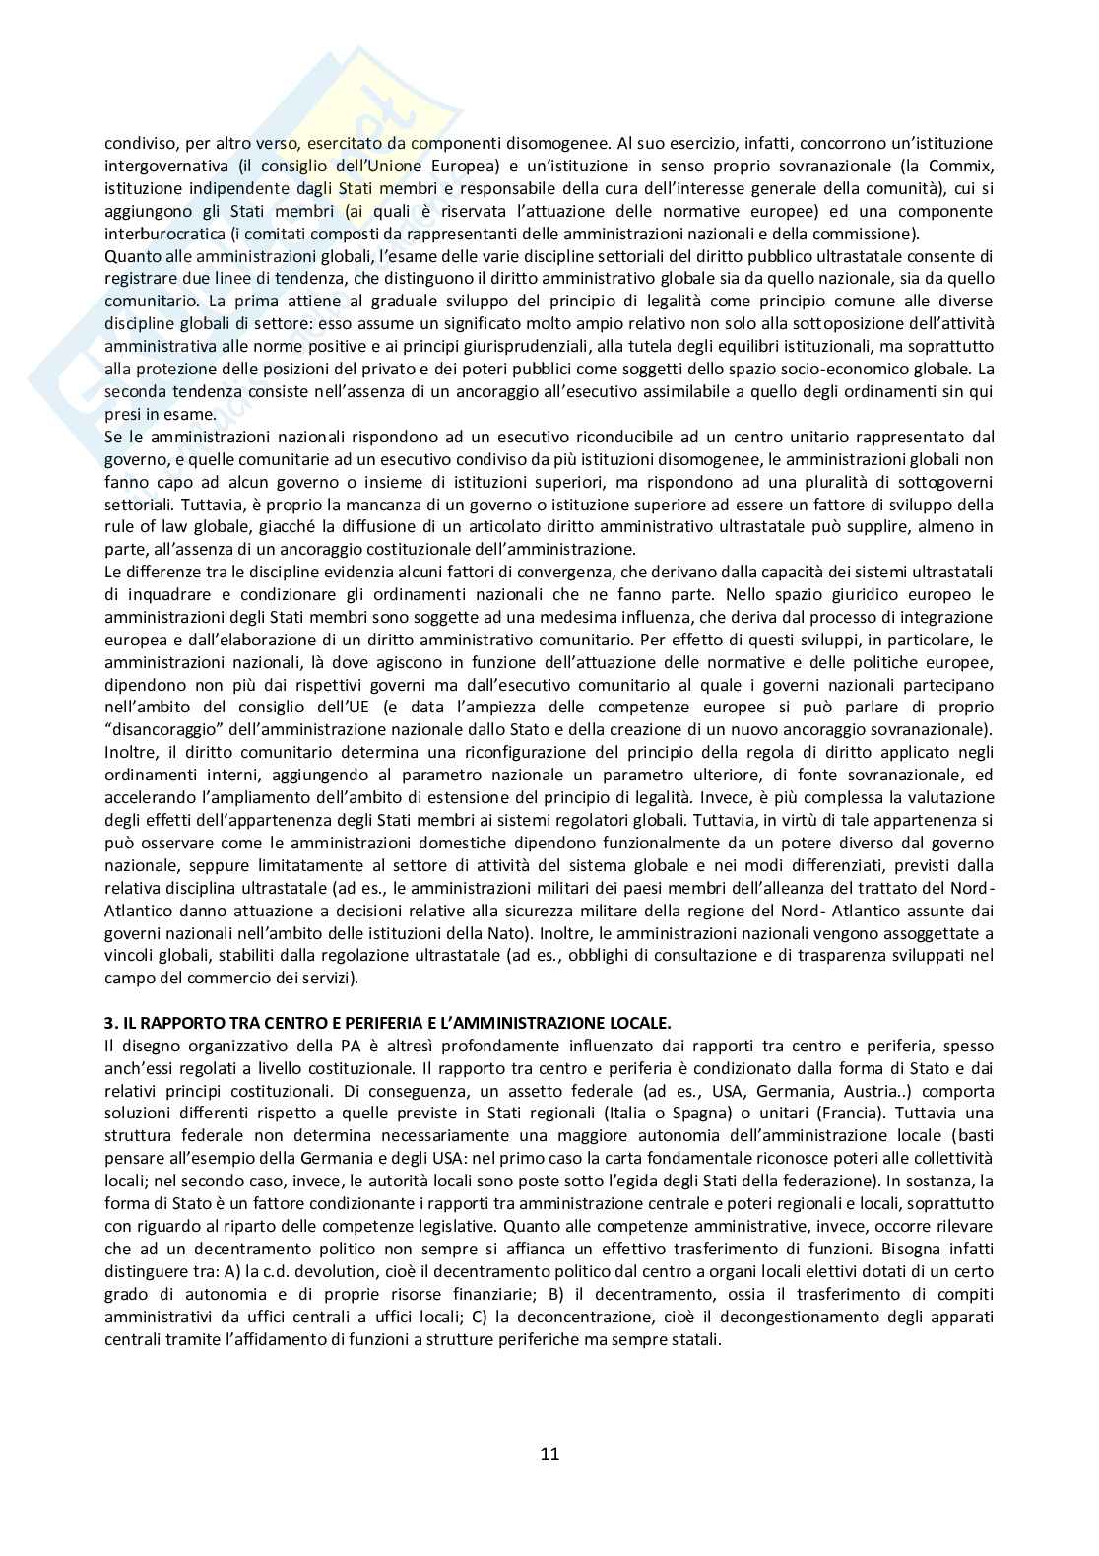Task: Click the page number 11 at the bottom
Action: coord(549,1454)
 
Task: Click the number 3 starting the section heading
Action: coord(109,1023)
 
